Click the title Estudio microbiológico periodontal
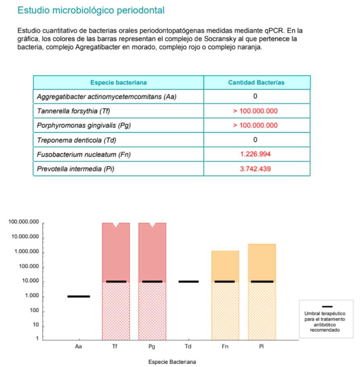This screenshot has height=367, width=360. pos(91,10)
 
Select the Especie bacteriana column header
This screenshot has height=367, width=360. pos(118,83)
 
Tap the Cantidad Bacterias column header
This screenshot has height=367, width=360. pos(256,83)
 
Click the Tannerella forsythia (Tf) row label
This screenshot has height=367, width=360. pos(73,111)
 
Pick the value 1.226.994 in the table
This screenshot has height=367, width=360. pos(255,154)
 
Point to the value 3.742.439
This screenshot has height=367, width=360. pos(255,169)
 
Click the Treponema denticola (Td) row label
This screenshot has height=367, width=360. pos(74,140)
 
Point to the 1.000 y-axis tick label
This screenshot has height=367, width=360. pos(31,296)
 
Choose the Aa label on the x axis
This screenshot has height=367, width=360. pos(78,346)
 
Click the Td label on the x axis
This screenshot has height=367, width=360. pos(188,346)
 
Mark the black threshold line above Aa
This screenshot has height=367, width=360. pos(79,296)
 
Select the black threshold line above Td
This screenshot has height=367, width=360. pos(188,282)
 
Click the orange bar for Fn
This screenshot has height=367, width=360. pos(225,266)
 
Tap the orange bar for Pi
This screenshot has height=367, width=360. pos(262,262)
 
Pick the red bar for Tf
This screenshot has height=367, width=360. pos(116,254)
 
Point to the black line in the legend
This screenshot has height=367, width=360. pos(327,307)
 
